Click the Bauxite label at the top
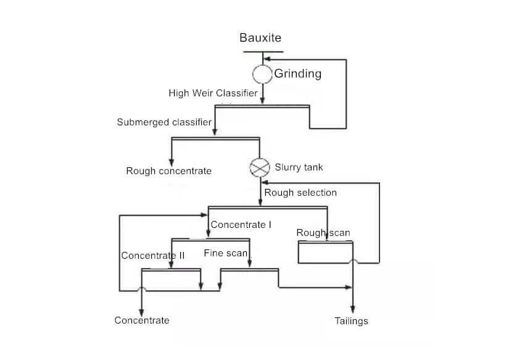(x=260, y=38)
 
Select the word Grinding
(x=298, y=73)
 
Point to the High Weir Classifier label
(x=213, y=93)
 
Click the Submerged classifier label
(x=164, y=122)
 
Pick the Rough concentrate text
(x=168, y=171)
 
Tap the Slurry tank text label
(x=299, y=167)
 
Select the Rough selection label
(x=300, y=193)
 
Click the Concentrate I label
(x=241, y=225)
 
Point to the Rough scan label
(x=323, y=233)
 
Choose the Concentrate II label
(x=153, y=256)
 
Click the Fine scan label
(x=226, y=253)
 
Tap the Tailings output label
(x=351, y=320)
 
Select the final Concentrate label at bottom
(x=142, y=320)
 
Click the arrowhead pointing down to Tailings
(x=352, y=309)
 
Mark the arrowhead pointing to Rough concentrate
(x=172, y=162)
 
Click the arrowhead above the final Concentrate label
(x=142, y=312)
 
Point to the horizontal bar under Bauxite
(x=263, y=52)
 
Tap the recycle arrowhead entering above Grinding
(x=267, y=59)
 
